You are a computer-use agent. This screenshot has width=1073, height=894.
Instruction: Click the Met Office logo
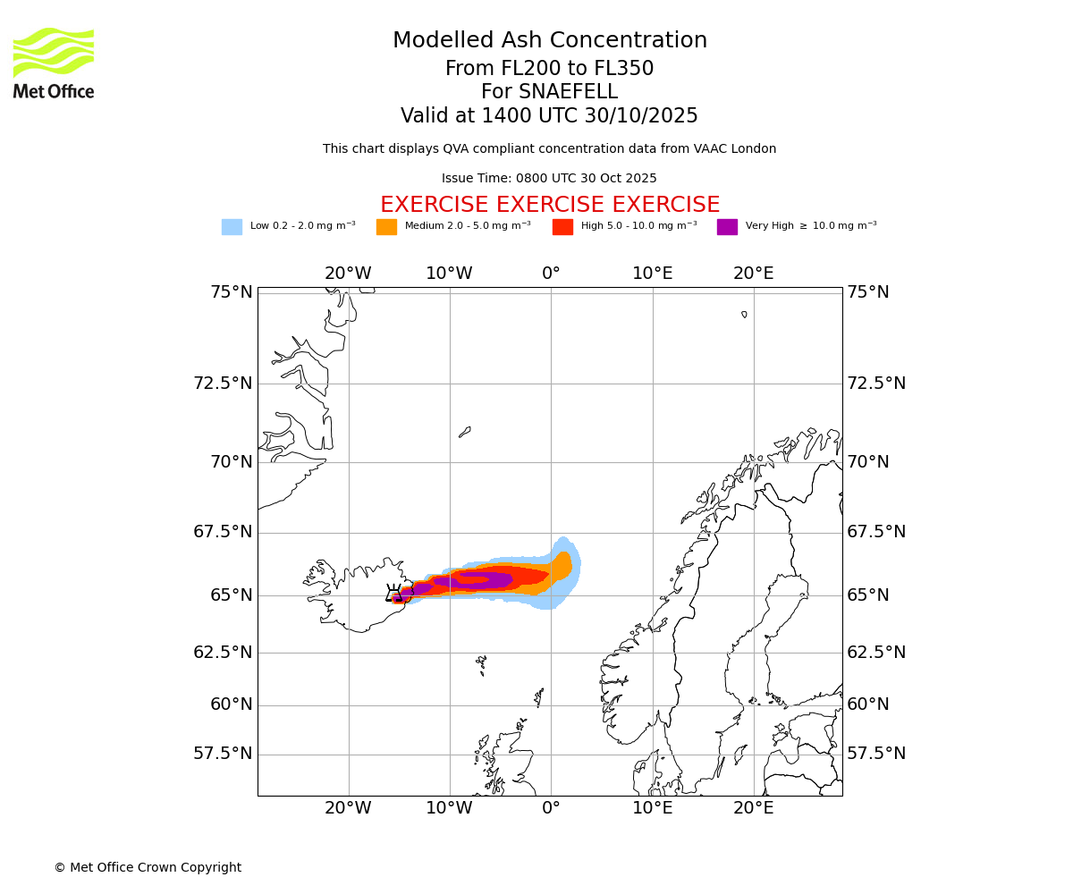[x=54, y=63]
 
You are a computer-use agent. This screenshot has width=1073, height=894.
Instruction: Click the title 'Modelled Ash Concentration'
[x=549, y=41]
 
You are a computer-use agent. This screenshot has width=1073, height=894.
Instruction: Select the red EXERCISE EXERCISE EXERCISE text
[x=549, y=205]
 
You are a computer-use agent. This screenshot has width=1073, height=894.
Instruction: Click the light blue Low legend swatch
[x=232, y=227]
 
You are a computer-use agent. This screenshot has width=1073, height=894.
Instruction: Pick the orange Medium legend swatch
[x=386, y=227]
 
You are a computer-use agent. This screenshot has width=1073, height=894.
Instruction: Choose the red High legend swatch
[x=562, y=227]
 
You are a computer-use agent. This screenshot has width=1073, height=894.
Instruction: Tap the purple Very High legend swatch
[x=727, y=227]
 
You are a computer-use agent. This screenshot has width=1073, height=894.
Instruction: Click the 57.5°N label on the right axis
[x=876, y=754]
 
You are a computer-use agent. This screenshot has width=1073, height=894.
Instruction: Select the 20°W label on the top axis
[x=348, y=274]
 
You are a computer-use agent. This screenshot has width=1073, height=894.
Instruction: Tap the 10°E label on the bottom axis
[x=652, y=808]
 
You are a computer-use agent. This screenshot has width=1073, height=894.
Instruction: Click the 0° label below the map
[x=551, y=808]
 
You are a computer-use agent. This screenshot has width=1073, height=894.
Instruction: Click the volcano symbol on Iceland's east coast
[x=394, y=594]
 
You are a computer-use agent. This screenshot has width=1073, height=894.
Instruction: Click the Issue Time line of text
[x=549, y=179]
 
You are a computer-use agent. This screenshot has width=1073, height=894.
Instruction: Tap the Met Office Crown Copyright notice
[x=148, y=867]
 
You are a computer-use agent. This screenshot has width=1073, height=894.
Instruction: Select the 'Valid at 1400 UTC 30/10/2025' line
[x=549, y=116]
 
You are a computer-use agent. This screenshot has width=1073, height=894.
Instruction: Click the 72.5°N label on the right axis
[x=876, y=384]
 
